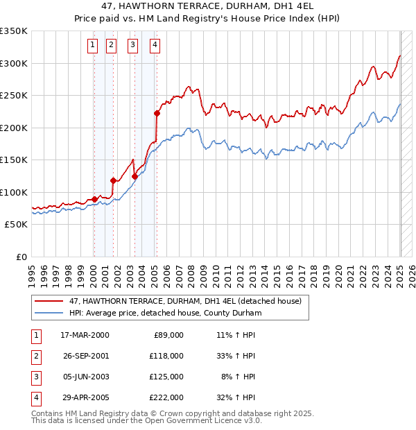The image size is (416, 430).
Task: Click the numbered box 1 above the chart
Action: (92, 46)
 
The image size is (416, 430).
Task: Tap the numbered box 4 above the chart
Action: (155, 46)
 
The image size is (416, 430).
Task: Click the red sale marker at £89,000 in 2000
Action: (95, 199)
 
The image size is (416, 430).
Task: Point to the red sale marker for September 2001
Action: (112, 180)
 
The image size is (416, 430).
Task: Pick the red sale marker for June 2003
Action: (135, 176)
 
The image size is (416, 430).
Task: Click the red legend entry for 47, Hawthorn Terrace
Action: (185, 301)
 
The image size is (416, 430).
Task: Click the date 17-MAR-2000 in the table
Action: (85, 335)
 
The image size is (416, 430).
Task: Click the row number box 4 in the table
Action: (35, 397)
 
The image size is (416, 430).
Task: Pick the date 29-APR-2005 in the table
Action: (85, 397)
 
